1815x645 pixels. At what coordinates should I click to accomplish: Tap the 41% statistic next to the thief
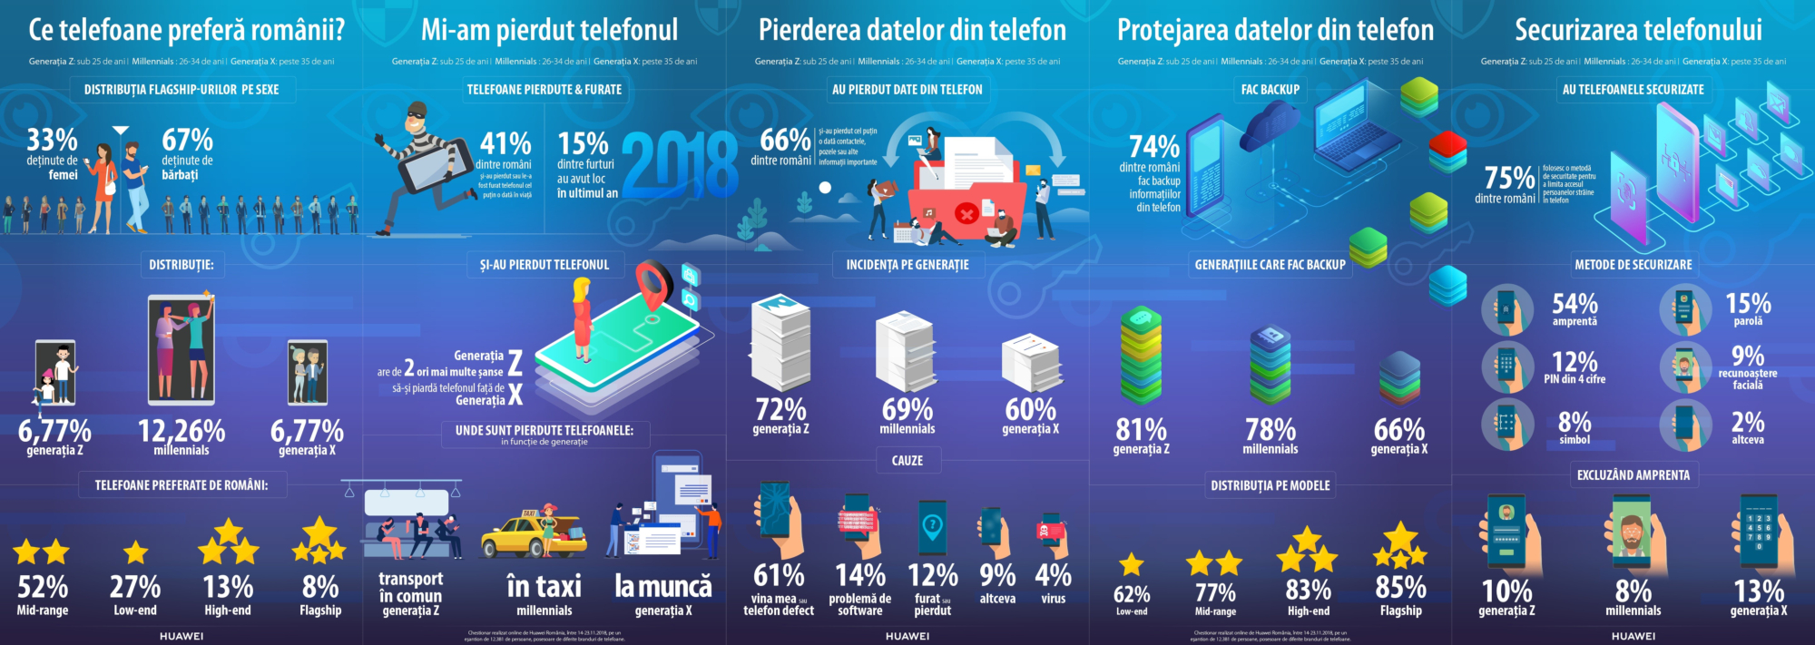pos(505,143)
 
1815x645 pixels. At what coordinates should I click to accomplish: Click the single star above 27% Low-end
pos(135,552)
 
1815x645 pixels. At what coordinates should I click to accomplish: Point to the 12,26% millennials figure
pos(181,431)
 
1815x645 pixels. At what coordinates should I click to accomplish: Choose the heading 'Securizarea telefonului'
pos(1638,30)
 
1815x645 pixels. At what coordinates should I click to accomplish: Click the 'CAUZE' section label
pos(907,461)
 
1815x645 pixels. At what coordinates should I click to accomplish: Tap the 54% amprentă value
pos(1575,303)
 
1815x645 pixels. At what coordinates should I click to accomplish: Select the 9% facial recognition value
pos(1748,356)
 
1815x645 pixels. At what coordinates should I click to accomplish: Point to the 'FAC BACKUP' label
pos(1270,90)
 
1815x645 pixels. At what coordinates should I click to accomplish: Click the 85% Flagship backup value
pos(1400,588)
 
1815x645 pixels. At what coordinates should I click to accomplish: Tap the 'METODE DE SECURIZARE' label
pos(1633,265)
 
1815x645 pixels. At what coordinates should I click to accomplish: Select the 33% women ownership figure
pos(52,140)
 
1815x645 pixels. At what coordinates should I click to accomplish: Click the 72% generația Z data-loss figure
pos(780,410)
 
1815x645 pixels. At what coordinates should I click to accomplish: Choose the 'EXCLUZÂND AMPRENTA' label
pos(1633,475)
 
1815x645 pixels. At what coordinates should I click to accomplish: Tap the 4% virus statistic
pos(1054,575)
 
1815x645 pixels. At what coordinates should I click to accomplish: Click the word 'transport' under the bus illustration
pos(411,579)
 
